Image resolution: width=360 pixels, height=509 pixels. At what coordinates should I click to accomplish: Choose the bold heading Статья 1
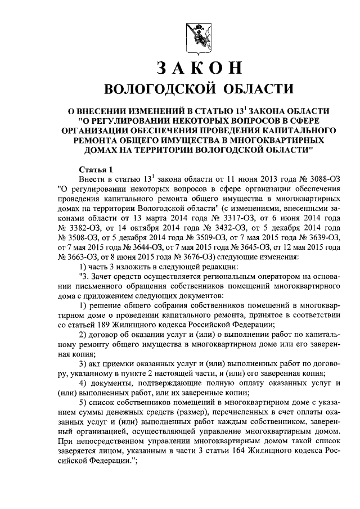point(96,169)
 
